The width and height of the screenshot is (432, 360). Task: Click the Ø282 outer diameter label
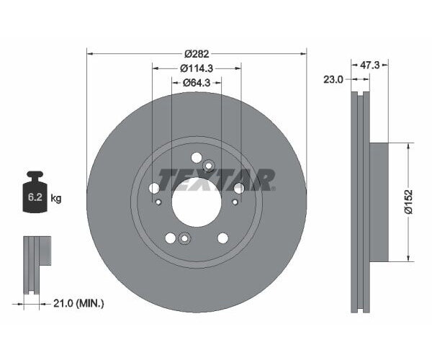(x=197, y=53)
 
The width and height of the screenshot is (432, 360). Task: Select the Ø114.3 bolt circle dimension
(x=197, y=68)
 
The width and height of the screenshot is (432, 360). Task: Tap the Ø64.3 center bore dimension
(x=197, y=82)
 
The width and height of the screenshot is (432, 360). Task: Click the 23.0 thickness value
(x=332, y=80)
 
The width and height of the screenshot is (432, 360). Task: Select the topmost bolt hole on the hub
(x=196, y=158)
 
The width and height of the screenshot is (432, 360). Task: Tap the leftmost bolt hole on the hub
(x=154, y=189)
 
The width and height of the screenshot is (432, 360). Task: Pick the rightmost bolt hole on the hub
(x=238, y=188)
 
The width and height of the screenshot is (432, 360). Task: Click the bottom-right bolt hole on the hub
(x=222, y=238)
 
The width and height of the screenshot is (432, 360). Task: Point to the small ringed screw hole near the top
(x=208, y=166)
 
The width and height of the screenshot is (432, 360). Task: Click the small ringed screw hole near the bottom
(x=184, y=240)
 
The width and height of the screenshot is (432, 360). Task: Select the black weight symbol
(x=34, y=193)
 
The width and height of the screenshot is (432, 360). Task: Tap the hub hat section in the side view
(x=379, y=202)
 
